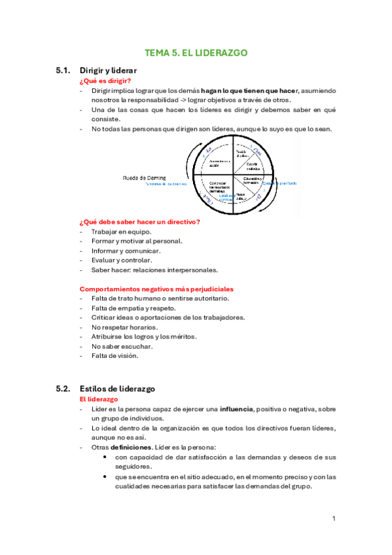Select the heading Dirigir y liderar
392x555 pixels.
tap(108, 70)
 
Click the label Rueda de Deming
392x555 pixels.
tap(144, 177)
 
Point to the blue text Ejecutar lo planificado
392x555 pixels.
tap(279, 183)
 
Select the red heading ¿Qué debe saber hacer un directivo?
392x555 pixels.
tap(139, 222)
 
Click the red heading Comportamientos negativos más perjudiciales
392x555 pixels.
tap(156, 289)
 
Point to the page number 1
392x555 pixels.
tap(334, 518)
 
